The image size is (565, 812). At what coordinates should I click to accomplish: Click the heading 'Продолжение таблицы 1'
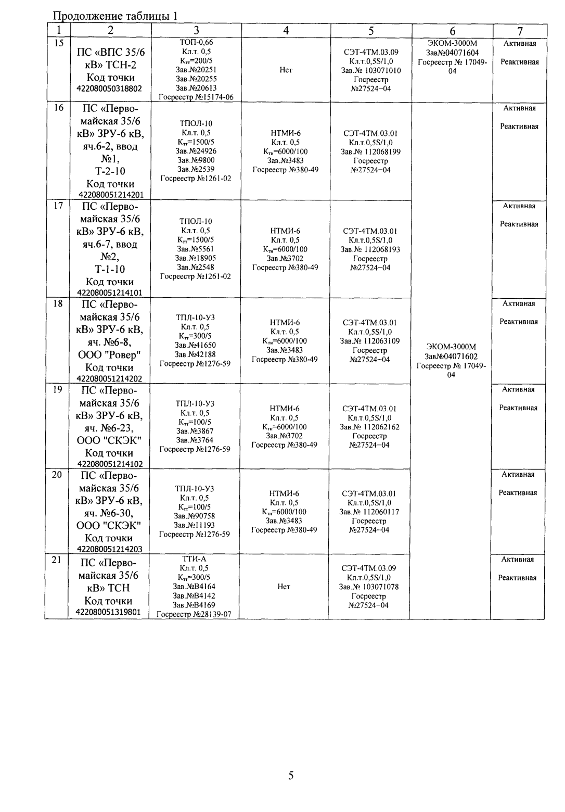pyautogui.click(x=116, y=16)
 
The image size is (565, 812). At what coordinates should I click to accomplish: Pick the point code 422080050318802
pyautogui.click(x=109, y=89)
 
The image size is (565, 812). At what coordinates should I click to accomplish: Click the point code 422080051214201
pyautogui.click(x=109, y=195)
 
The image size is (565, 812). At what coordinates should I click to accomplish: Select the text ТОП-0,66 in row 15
pyautogui.click(x=196, y=43)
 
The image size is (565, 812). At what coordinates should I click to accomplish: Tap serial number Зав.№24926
pyautogui.click(x=196, y=151)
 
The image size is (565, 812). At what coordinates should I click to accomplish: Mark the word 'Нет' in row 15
pyautogui.click(x=286, y=70)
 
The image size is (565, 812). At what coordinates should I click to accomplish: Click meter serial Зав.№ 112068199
pyautogui.click(x=370, y=151)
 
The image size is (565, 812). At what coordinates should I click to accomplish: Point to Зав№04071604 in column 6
pyautogui.click(x=452, y=53)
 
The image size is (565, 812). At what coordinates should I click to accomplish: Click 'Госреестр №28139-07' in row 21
pyautogui.click(x=194, y=614)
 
